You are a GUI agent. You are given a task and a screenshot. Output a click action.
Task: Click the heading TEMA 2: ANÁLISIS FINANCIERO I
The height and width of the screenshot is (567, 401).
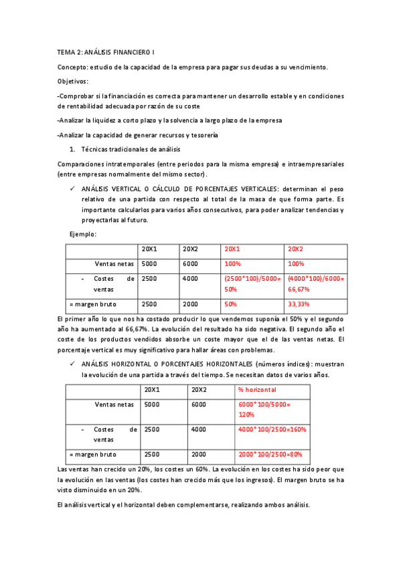[x=106, y=51]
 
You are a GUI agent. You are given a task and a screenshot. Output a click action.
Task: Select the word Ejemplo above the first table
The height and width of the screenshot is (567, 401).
[x=82, y=234]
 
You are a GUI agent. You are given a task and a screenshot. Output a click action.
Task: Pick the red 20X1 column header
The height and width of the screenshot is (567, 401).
[x=232, y=249]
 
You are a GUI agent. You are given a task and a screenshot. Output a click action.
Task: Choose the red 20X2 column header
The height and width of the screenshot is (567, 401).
[x=295, y=249]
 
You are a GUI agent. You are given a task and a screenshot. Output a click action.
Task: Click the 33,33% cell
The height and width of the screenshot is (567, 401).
[x=298, y=304]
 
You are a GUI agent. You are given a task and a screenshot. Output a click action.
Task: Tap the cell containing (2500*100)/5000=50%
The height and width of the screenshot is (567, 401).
[x=252, y=284]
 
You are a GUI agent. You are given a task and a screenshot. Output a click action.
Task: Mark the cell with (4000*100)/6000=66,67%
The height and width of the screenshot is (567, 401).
[x=315, y=284]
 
